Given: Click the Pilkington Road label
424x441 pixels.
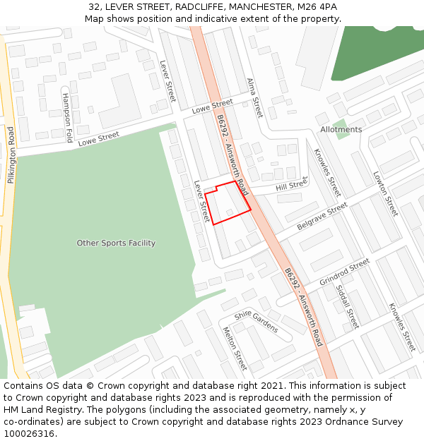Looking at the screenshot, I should pyautogui.click(x=11, y=155).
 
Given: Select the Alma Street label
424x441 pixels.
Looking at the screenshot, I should pyautogui.click(x=254, y=98).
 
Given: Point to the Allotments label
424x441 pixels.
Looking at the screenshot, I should pyautogui.click(x=341, y=129).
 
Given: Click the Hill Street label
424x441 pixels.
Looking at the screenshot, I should pyautogui.click(x=291, y=186).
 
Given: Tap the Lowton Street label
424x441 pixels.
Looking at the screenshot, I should pyautogui.click(x=386, y=194).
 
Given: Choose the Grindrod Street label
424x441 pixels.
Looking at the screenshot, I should pyautogui.click(x=344, y=272).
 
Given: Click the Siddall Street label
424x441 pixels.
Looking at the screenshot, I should pyautogui.click(x=348, y=306).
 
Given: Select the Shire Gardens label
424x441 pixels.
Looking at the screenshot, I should pyautogui.click(x=257, y=322).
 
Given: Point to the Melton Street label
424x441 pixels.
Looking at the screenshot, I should pyautogui.click(x=235, y=349).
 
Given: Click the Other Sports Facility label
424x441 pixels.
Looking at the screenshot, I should pyautogui.click(x=116, y=243).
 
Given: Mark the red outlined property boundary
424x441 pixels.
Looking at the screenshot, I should pyautogui.click(x=228, y=203).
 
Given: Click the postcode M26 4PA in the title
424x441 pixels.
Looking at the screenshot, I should pyautogui.click(x=318, y=7).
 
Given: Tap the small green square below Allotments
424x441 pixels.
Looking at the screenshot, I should pyautogui.click(x=341, y=134).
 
